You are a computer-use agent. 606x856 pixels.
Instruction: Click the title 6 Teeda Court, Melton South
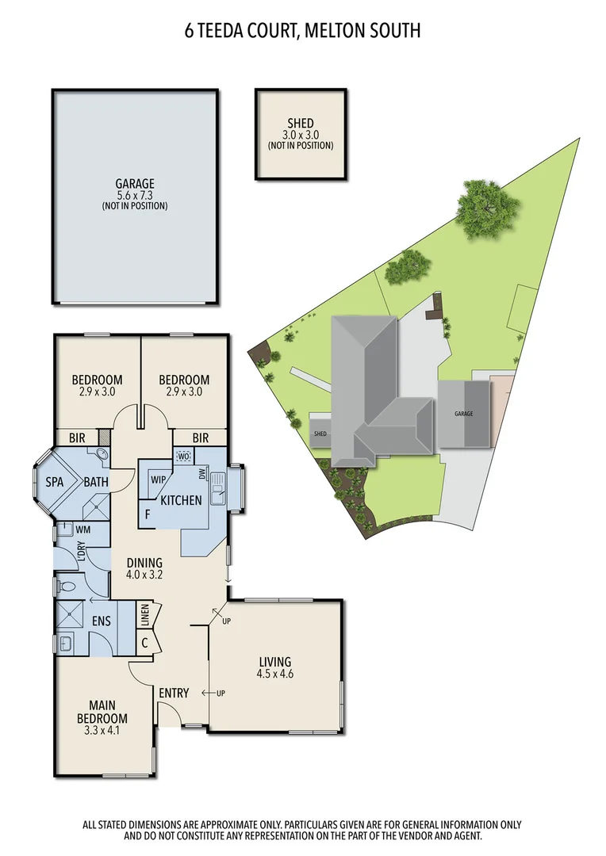[302, 31]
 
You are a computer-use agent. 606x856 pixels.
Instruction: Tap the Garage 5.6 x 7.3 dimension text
[134, 195]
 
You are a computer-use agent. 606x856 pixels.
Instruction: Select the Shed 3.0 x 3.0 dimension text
[301, 134]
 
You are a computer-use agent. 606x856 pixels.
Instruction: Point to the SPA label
[55, 482]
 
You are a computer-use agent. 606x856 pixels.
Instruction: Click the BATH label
[98, 482]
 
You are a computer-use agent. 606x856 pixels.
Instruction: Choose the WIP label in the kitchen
[157, 480]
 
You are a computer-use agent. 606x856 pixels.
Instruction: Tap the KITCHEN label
[181, 500]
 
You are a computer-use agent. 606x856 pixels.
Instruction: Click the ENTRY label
[174, 693]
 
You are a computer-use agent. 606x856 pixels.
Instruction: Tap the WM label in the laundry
[83, 529]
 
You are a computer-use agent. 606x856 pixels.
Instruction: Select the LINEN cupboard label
[144, 617]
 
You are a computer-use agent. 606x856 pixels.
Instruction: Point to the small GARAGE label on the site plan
[464, 414]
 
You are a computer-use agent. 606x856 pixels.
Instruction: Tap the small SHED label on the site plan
[320, 434]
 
